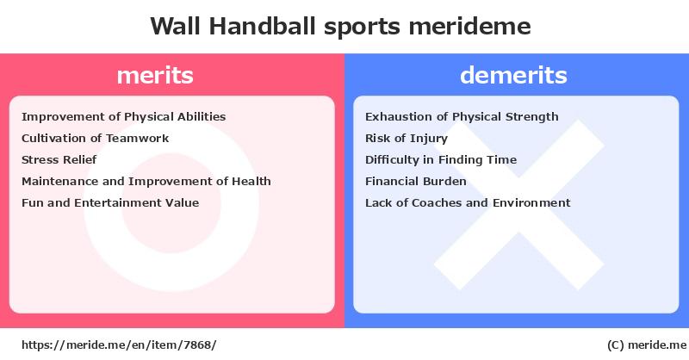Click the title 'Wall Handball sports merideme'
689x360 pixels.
[x=340, y=27]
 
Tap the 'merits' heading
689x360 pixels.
[x=155, y=76]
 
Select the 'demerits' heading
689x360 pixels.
[x=513, y=75]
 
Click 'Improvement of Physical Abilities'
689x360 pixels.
[x=123, y=117]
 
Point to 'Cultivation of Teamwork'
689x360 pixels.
[x=95, y=139]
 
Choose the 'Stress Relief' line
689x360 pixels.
[x=59, y=159]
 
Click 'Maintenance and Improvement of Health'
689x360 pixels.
[x=146, y=181]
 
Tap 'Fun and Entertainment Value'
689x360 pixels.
[x=110, y=202]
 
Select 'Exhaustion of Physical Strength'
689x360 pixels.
[x=462, y=117]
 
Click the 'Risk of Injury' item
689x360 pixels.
[x=407, y=139]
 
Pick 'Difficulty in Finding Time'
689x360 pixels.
[x=441, y=160]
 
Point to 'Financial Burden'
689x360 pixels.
[x=416, y=181]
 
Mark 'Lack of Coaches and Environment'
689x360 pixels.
[x=468, y=202]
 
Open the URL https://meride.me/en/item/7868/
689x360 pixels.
[x=119, y=345]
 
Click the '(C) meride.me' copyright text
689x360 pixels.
[x=647, y=345]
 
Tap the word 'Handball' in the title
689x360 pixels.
[x=263, y=27]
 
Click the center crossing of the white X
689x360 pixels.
[x=519, y=205]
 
